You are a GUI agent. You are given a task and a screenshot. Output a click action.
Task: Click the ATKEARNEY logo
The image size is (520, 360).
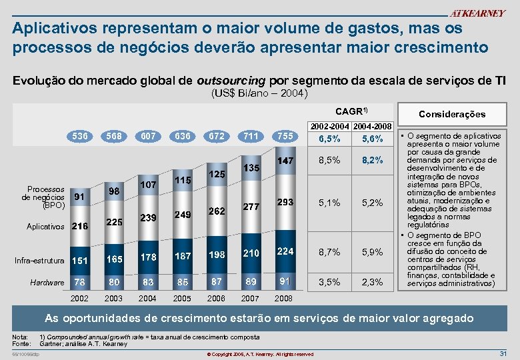pyautogui.click(x=477, y=13)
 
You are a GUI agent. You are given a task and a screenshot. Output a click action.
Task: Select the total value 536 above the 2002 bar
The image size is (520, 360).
pyautogui.click(x=80, y=137)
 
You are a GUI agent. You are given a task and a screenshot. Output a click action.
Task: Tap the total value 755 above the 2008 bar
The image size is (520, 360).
pyautogui.click(x=285, y=137)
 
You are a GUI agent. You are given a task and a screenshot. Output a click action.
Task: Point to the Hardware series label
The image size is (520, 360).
pyautogui.click(x=47, y=283)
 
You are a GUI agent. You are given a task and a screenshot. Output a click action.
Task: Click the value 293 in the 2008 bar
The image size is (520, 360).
pyautogui.click(x=285, y=202)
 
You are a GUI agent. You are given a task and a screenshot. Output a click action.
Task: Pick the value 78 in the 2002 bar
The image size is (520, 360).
pyautogui.click(x=80, y=282)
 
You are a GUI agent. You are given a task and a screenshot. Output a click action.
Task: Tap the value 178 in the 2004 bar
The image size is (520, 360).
pyautogui.click(x=148, y=257)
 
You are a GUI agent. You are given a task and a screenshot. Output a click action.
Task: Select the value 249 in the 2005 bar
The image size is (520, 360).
pyautogui.click(x=183, y=214)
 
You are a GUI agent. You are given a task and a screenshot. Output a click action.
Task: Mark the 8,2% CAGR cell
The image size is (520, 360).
pyautogui.click(x=372, y=161)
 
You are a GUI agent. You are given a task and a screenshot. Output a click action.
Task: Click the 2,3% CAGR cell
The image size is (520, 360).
pyautogui.click(x=372, y=282)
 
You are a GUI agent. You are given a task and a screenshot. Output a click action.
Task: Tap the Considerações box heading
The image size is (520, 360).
pyautogui.click(x=451, y=113)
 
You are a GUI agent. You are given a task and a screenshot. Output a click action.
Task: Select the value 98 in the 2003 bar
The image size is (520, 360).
pyautogui.click(x=114, y=191)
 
